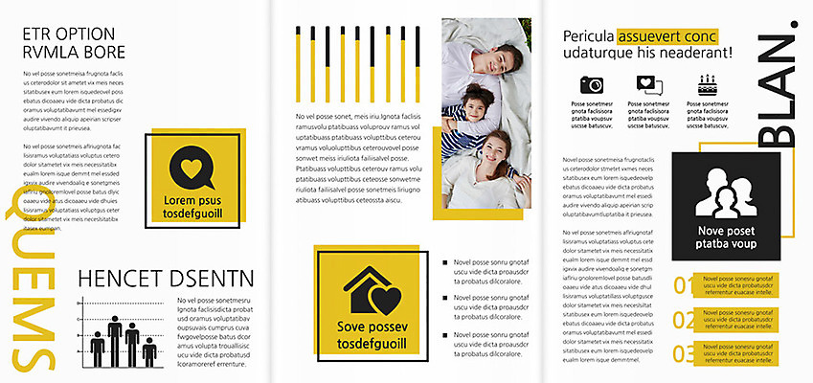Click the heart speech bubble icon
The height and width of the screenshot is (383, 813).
(x=192, y=169)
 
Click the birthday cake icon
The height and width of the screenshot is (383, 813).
(x=707, y=83)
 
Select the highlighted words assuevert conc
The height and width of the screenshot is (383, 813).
(x=666, y=36)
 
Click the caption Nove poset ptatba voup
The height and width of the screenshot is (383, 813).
(x=727, y=237)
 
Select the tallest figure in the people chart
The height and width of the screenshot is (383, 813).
(x=114, y=340)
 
